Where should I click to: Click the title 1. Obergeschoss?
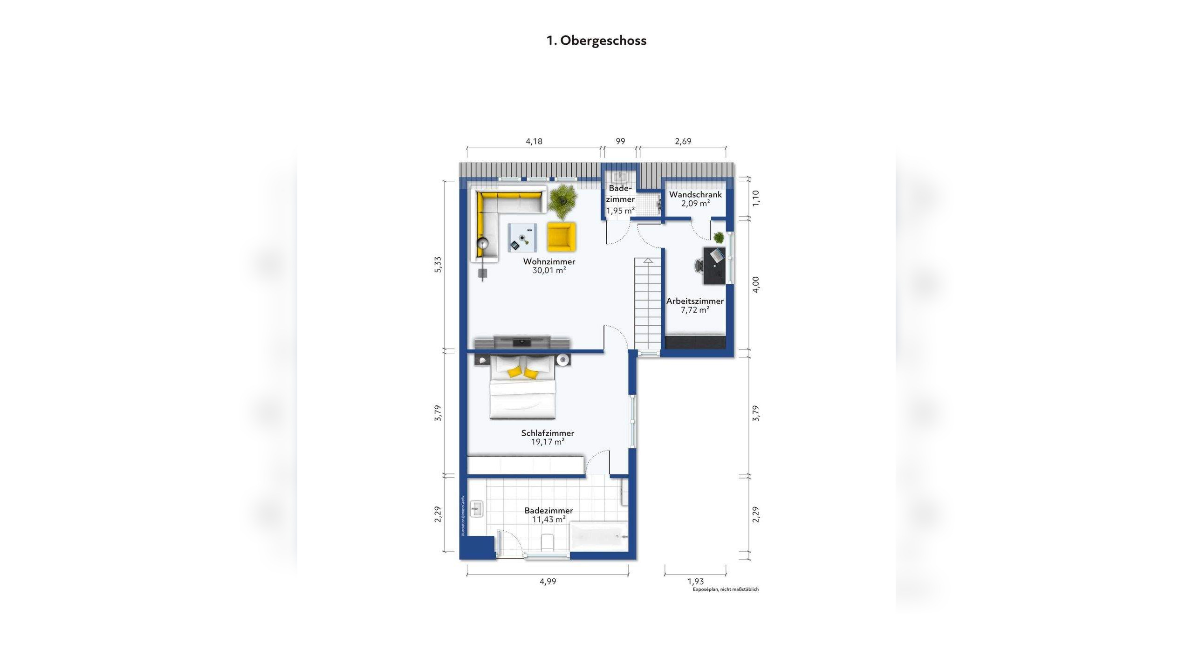coord(596,41)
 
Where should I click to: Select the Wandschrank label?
coord(695,194)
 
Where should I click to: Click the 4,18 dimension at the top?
coord(534,141)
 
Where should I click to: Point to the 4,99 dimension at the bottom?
coord(548,581)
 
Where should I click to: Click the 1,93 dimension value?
coord(695,581)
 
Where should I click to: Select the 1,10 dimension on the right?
coord(756,198)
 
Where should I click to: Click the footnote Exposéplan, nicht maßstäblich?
coord(726,589)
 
